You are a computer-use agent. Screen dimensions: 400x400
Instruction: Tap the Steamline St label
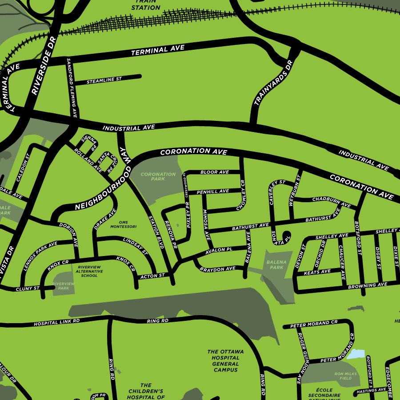pyautogui.click(x=104, y=80)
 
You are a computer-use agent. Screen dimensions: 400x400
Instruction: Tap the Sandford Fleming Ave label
pyautogui.click(x=72, y=88)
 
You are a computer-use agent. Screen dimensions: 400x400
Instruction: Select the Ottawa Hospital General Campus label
pyautogui.click(x=226, y=360)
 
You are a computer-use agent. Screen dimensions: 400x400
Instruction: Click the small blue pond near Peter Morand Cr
pyautogui.click(x=356, y=354)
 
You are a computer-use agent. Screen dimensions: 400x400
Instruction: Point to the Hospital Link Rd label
pyautogui.click(x=57, y=322)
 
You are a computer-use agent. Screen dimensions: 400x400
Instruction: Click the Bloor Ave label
pyautogui.click(x=215, y=172)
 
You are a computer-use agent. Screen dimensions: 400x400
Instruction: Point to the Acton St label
pyautogui.click(x=152, y=276)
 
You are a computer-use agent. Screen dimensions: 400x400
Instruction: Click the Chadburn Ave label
pyautogui.click(x=331, y=201)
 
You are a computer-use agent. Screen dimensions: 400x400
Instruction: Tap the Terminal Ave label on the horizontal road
pyautogui.click(x=158, y=50)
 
